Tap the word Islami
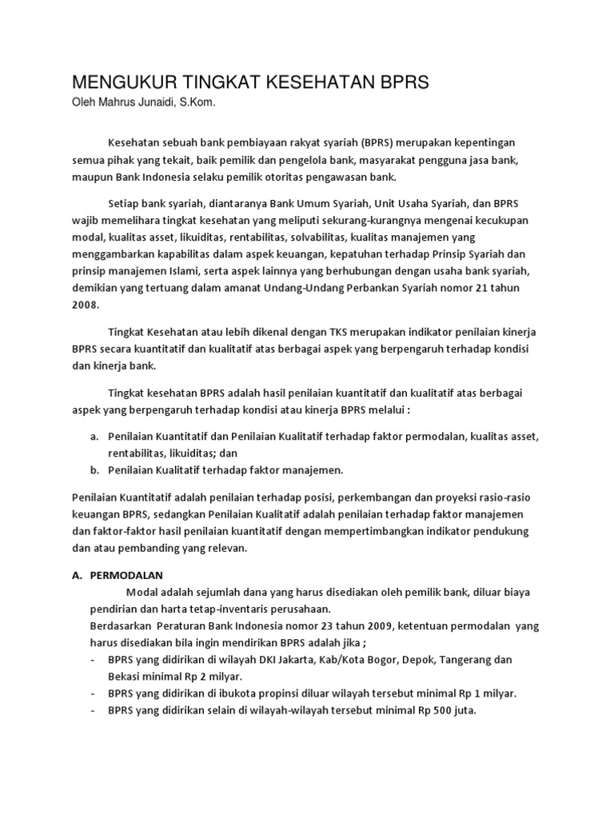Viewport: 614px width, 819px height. coord(186,272)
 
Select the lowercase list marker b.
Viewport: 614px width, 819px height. coord(94,470)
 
